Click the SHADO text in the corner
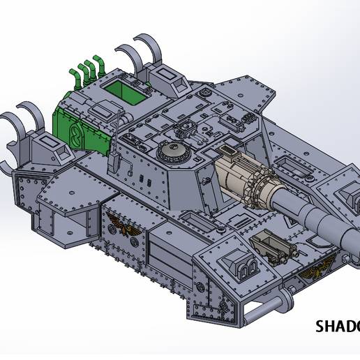pyautogui.click(x=338, y=326)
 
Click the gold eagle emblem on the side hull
pyautogui.click(x=119, y=227)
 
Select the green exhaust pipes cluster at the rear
pyautogui.click(x=87, y=70)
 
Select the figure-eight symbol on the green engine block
pyautogui.click(x=74, y=133)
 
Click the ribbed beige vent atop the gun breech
pyautogui.click(x=229, y=151)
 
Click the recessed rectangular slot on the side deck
pyautogui.click(x=202, y=225)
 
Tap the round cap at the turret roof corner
pyautogui.click(x=207, y=92)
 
